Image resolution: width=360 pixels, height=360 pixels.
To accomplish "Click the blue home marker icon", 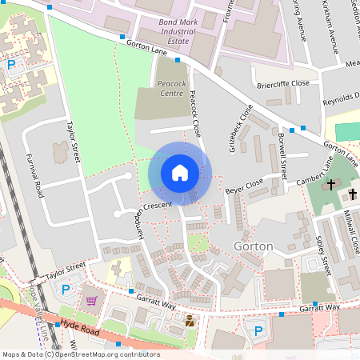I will coord(180,173).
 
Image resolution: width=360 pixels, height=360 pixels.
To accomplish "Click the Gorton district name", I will coord(253,246).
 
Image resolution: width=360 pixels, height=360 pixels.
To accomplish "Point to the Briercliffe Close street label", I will coord(282,82).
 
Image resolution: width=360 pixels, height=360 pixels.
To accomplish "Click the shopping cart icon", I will coord(91,300).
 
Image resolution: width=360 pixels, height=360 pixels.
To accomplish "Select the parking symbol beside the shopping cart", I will coord(66,288).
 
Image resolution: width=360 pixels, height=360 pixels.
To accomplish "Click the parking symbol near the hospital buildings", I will coord(11,64).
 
